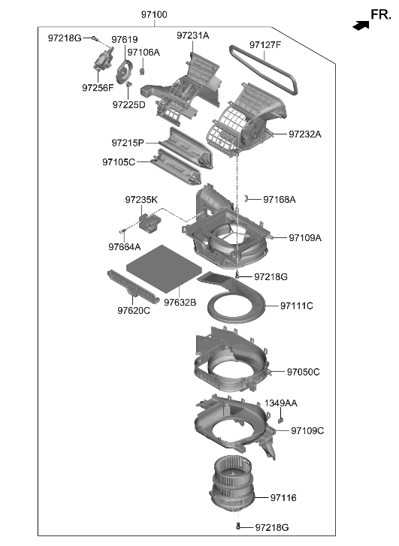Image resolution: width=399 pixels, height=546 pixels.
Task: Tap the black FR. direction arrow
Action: click(x=361, y=26)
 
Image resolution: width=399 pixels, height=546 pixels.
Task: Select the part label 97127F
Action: click(x=265, y=45)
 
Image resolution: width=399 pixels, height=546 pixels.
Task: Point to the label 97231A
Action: click(x=193, y=35)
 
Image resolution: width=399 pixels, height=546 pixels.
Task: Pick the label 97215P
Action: click(x=128, y=143)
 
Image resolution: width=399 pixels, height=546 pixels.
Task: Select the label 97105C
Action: click(x=119, y=162)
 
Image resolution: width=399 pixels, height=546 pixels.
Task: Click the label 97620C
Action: click(x=133, y=310)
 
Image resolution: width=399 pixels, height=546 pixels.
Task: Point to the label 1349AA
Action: click(x=280, y=403)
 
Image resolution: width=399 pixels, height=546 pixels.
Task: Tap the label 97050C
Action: click(x=303, y=372)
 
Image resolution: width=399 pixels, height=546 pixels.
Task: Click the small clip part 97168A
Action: click(x=246, y=198)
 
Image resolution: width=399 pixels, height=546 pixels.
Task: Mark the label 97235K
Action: click(x=141, y=200)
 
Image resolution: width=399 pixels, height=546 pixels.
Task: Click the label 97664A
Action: click(x=124, y=246)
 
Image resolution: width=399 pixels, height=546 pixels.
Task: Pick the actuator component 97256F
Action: click(x=100, y=64)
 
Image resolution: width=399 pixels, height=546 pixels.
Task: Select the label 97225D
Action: click(x=129, y=104)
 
